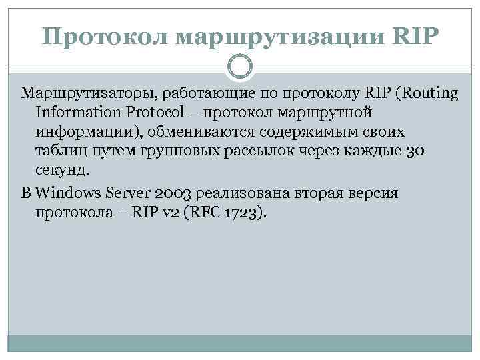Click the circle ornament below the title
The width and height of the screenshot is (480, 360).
point(240,67)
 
